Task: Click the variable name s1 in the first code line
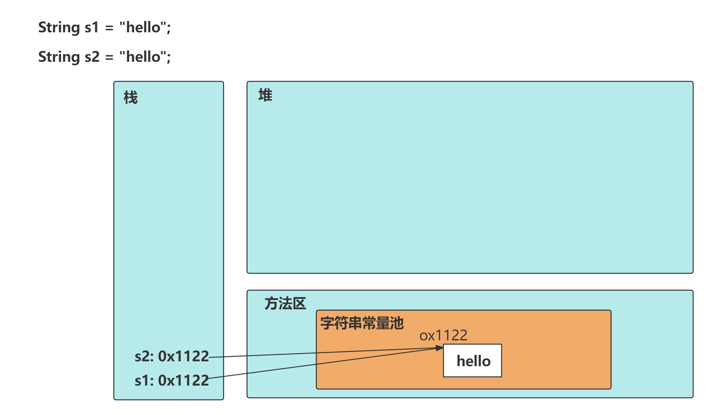pyautogui.click(x=92, y=27)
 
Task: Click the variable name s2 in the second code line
pyautogui.click(x=92, y=57)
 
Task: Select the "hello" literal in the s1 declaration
pyautogui.click(x=143, y=27)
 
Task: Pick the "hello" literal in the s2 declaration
pyautogui.click(x=143, y=57)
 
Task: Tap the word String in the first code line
pyautogui.click(x=59, y=27)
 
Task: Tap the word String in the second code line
pyautogui.click(x=59, y=57)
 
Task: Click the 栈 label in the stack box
pyautogui.click(x=130, y=98)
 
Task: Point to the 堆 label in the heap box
pyautogui.click(x=265, y=96)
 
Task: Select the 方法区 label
pyautogui.click(x=285, y=304)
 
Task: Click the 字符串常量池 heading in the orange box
pyautogui.click(x=362, y=323)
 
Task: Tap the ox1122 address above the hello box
pyautogui.click(x=443, y=335)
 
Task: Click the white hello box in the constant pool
pyautogui.click(x=473, y=361)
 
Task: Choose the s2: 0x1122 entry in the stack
pyautogui.click(x=172, y=356)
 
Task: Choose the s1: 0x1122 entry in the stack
pyautogui.click(x=172, y=380)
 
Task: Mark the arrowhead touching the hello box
pyautogui.click(x=440, y=348)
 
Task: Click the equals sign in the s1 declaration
pyautogui.click(x=109, y=28)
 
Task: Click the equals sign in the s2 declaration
pyautogui.click(x=109, y=58)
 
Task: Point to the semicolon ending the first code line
pyautogui.click(x=169, y=28)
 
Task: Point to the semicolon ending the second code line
pyautogui.click(x=169, y=58)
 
